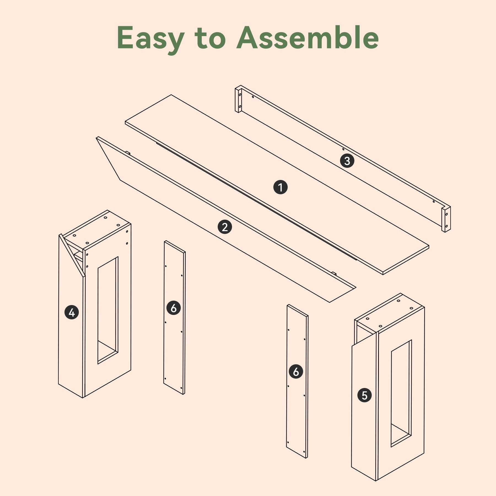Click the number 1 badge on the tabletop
pos(281,187)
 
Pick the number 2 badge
pos(225,227)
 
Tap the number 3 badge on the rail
pos(347,160)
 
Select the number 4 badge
pos(72,312)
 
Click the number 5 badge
pos(365,395)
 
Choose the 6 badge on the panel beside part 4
pos(174,308)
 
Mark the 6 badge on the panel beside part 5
pos(296,372)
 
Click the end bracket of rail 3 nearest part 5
pos(446,219)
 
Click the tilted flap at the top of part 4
pos(72,255)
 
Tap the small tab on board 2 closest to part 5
pos(334,273)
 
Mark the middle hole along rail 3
pos(343,149)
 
